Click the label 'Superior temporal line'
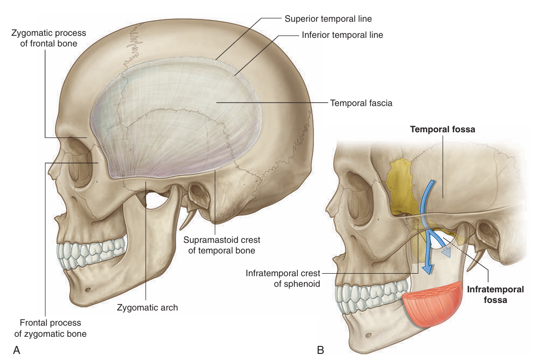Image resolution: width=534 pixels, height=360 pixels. point(328,19)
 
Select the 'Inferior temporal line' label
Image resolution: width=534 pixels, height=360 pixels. point(342,35)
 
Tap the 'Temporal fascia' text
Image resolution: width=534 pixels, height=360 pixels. point(361,103)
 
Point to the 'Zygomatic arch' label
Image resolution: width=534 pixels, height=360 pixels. point(147,307)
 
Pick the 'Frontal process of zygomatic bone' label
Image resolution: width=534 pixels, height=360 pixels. point(50,328)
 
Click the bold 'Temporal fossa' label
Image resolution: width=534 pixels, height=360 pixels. point(443,129)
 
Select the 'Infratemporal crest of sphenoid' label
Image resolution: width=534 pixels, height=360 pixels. point(283,279)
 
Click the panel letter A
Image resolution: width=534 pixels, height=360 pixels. point(16,349)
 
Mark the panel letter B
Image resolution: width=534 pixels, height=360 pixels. point(320,349)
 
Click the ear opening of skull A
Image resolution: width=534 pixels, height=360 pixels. point(195,192)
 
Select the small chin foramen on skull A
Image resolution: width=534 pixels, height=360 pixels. point(89,290)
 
